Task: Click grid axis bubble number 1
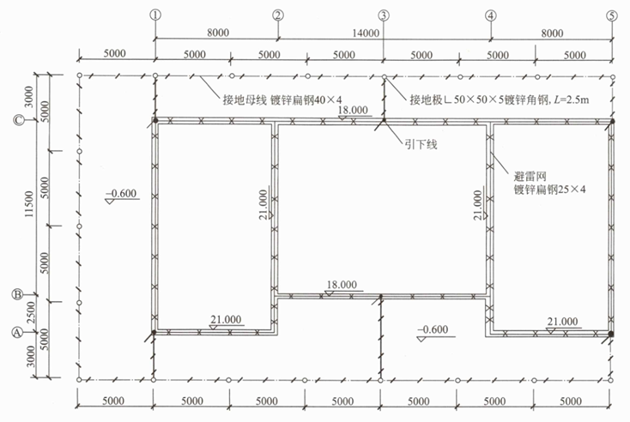click(x=155, y=15)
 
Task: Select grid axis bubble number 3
click(x=384, y=15)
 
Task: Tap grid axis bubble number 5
click(x=611, y=15)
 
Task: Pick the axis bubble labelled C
click(x=19, y=120)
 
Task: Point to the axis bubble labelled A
click(x=17, y=333)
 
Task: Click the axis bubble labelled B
click(x=17, y=294)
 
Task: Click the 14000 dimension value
click(x=366, y=33)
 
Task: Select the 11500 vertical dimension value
click(x=29, y=204)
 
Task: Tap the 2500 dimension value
click(x=31, y=312)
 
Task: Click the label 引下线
click(x=421, y=145)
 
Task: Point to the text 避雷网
click(x=530, y=176)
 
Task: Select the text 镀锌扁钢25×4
click(x=549, y=189)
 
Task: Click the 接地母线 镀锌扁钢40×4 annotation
click(x=282, y=99)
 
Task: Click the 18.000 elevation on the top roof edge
click(x=353, y=110)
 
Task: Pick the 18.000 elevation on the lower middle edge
click(x=342, y=284)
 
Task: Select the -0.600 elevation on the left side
click(x=121, y=193)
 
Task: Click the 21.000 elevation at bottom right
click(x=562, y=322)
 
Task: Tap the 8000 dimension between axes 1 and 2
click(x=218, y=33)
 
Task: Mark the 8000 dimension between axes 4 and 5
click(x=552, y=33)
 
